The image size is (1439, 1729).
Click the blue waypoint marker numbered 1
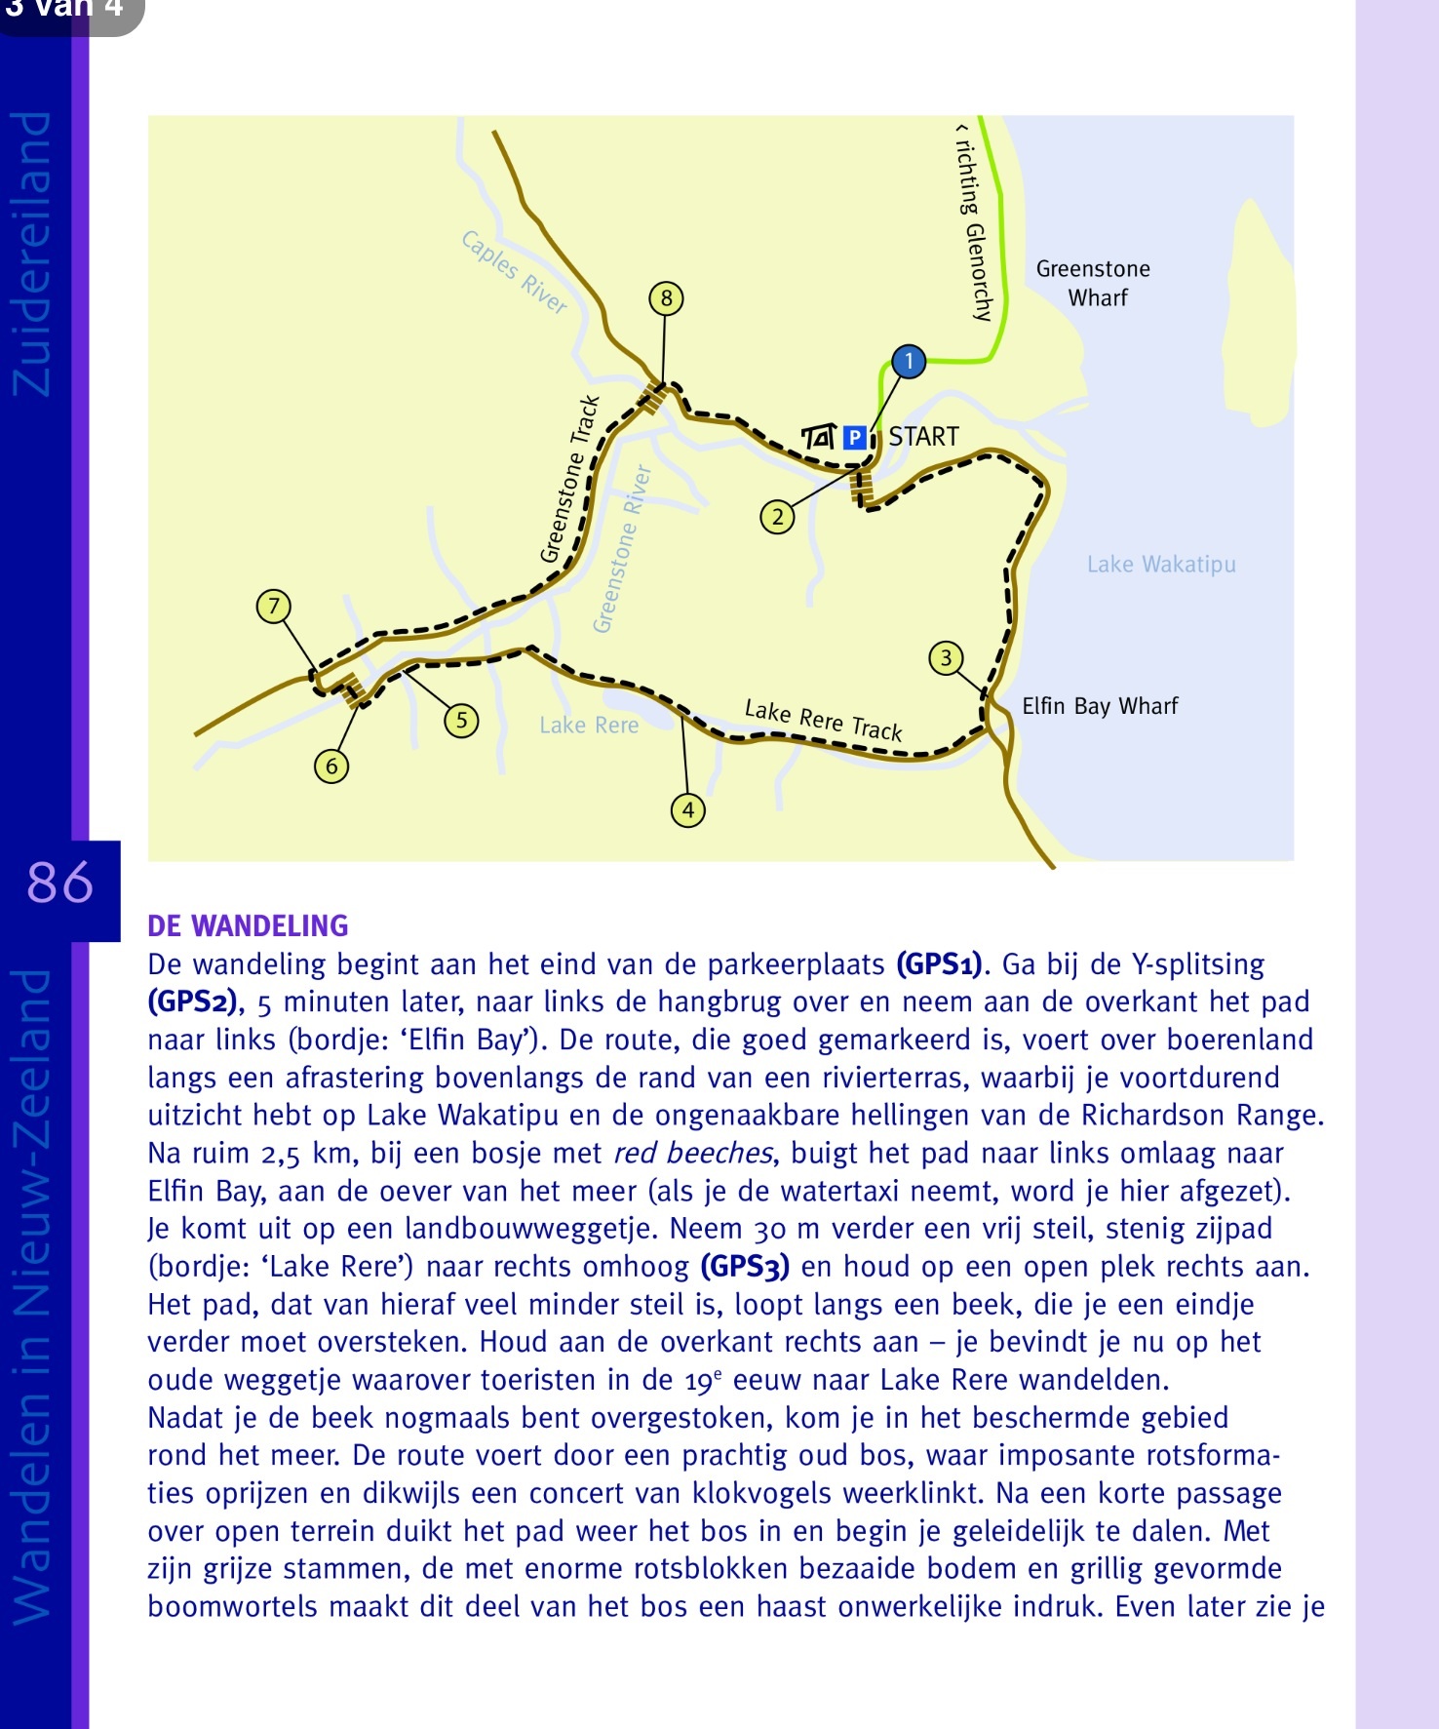point(909,362)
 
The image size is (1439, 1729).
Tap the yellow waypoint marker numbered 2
point(777,517)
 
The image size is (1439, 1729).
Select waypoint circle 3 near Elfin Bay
point(946,658)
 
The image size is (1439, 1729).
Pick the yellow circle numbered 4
point(688,809)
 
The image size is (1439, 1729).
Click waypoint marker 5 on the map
point(461,721)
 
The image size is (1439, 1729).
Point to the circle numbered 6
point(331,766)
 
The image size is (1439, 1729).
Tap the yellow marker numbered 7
point(274,607)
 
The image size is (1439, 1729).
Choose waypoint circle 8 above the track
point(666,298)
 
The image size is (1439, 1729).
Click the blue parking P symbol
point(854,438)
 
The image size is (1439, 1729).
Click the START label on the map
point(923,437)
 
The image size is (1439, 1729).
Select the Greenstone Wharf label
point(1094,283)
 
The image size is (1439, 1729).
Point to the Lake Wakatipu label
point(1161,565)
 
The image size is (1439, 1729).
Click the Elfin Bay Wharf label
point(1100,706)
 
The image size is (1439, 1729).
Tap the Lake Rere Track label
point(824,720)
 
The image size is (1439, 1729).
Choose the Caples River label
point(514,272)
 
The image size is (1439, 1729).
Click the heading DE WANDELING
point(248,925)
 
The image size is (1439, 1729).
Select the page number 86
point(60,883)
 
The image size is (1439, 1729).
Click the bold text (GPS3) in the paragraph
point(745,1267)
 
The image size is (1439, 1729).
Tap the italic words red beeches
point(693,1154)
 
